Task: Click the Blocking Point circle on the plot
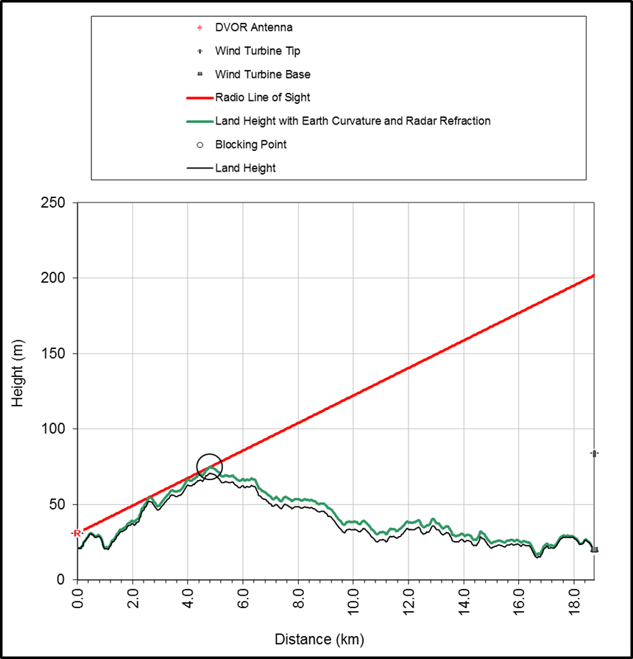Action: pos(210,467)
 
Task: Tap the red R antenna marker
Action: pos(77,532)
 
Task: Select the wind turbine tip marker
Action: pos(595,453)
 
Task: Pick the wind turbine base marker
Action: pos(595,549)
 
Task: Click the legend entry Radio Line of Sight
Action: pos(263,97)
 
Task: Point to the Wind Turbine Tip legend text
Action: pos(258,52)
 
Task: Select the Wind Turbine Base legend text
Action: pos(263,74)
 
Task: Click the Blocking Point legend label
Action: pos(251,144)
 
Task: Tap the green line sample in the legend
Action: pos(199,121)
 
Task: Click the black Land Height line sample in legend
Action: pos(199,168)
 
